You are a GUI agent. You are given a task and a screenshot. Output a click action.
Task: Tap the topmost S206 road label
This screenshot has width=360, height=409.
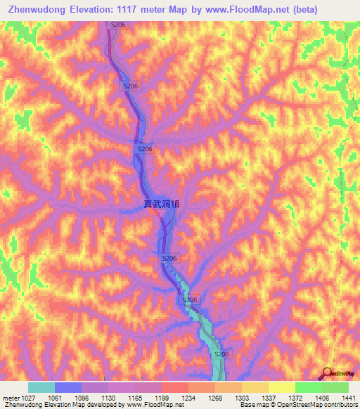(119, 25)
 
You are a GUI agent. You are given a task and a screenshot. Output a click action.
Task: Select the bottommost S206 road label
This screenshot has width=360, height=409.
(221, 354)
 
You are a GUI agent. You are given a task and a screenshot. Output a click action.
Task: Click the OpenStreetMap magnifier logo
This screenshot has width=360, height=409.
(327, 373)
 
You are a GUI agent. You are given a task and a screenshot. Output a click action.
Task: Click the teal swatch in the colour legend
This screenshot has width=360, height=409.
(41, 387)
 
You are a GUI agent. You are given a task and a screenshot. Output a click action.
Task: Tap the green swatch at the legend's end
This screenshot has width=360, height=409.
(335, 387)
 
